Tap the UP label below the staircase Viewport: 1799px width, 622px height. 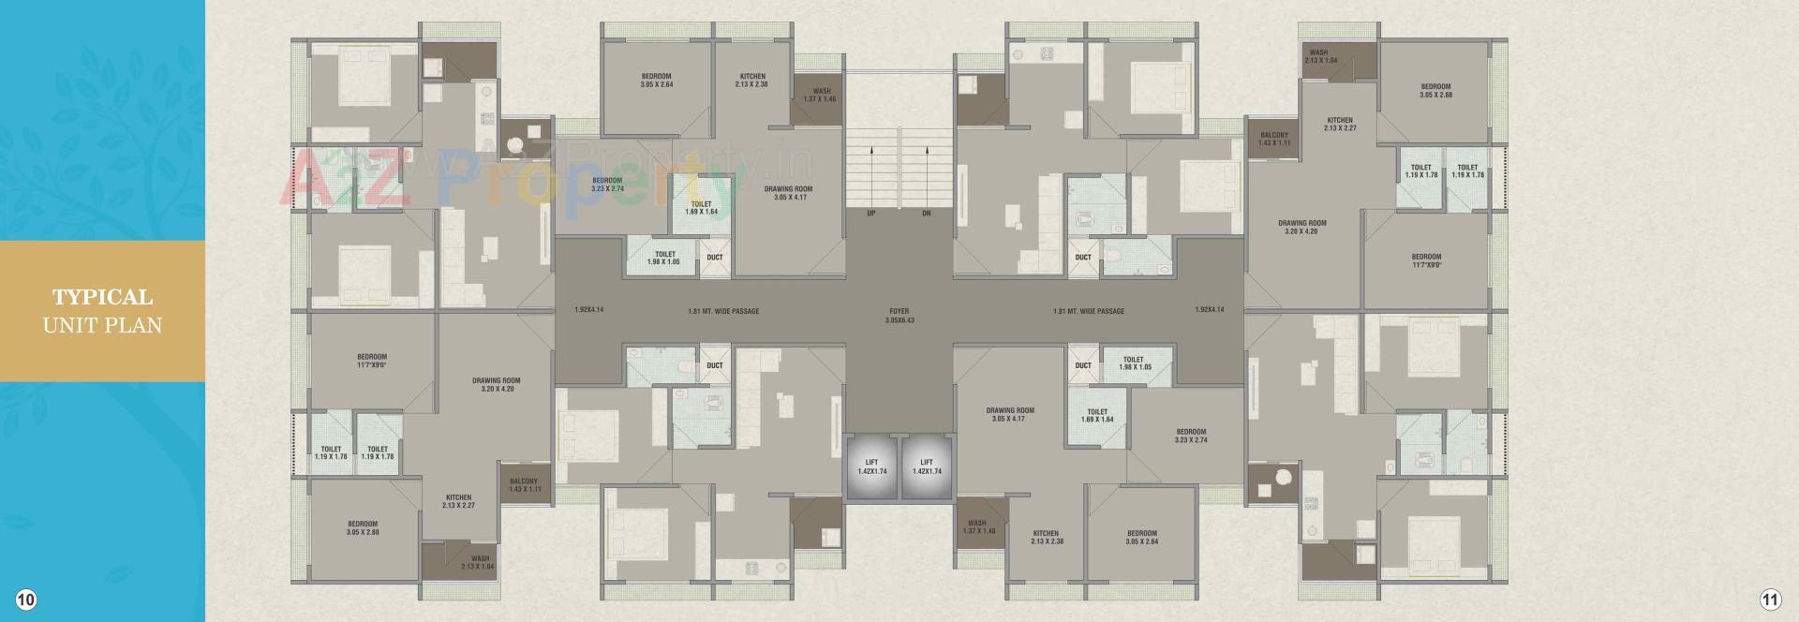click(871, 214)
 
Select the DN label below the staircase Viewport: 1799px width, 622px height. click(927, 214)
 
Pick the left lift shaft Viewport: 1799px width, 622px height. click(871, 466)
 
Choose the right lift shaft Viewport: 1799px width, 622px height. click(926, 466)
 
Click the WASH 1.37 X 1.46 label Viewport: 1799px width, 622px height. click(821, 96)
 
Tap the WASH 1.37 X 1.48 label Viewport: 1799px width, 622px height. click(977, 527)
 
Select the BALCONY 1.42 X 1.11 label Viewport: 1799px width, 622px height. click(1274, 139)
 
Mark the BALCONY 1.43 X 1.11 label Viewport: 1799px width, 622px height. click(524, 485)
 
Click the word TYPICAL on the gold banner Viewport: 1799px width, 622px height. click(102, 298)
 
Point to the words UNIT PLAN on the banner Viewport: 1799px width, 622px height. click(102, 326)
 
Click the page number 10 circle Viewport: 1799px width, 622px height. click(26, 600)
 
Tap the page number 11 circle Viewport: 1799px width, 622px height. click(1770, 600)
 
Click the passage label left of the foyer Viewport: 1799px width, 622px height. click(722, 311)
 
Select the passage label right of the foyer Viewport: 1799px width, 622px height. click(1088, 311)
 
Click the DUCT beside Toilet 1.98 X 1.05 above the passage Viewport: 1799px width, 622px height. click(715, 258)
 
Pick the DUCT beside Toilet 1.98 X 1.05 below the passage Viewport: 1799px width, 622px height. click(1083, 365)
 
